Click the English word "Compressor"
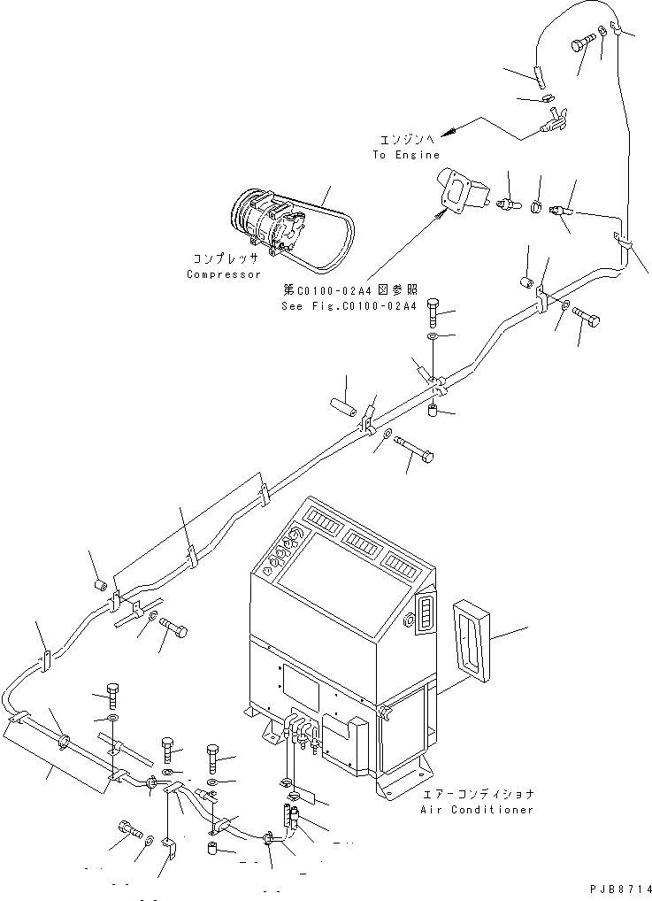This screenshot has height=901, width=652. point(224,274)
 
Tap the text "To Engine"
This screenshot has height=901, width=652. point(405,155)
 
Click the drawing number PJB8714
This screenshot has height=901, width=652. point(617,889)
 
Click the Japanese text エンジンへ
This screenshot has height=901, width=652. point(406,140)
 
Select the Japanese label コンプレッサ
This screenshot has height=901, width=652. point(225,259)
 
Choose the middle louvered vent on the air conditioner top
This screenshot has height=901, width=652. point(364,540)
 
